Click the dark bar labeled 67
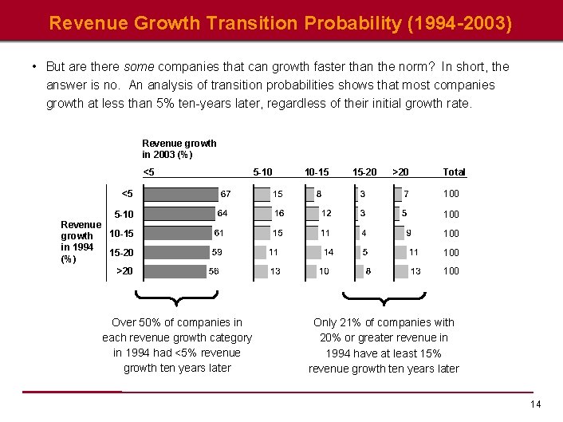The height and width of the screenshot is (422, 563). tap(181, 195)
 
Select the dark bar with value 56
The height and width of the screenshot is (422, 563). tap(175, 271)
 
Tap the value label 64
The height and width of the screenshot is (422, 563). tap(222, 213)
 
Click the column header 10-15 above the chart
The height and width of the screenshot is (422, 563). tap(317, 172)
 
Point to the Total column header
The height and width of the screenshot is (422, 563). tap(455, 172)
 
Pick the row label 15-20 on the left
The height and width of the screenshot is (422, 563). tap(121, 252)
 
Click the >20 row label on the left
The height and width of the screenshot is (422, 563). tap(124, 270)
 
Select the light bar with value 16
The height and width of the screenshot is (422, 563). tap(263, 214)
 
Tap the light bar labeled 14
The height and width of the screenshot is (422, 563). tap(313, 252)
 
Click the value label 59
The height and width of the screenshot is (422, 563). tap(217, 252)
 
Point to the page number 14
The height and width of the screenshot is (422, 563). tap(536, 404)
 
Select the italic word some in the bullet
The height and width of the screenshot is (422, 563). tap(139, 67)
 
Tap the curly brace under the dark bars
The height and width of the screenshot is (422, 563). tap(176, 298)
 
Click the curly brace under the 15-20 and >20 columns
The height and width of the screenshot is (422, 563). tap(384, 298)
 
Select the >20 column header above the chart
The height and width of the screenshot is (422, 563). tap(400, 172)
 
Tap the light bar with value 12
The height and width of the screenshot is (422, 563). tap(313, 214)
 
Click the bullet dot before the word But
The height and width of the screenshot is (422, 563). tap(34, 67)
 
